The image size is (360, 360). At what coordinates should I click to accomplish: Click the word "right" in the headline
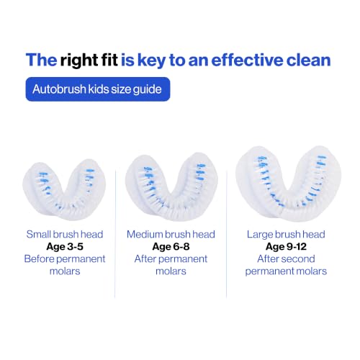[x=79, y=60]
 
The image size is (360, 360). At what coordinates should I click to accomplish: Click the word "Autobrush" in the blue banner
[x=59, y=89]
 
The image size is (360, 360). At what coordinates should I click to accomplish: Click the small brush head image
[x=64, y=189]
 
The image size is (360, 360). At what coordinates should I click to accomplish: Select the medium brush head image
[x=171, y=186]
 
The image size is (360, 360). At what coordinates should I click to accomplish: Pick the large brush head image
[x=288, y=184]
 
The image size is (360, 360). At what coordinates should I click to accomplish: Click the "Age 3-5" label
[x=65, y=246]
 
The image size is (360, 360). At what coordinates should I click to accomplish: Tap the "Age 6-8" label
[x=171, y=246]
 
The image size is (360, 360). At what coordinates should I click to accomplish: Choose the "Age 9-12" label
[x=286, y=246]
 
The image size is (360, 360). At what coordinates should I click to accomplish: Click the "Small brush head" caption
[x=65, y=234]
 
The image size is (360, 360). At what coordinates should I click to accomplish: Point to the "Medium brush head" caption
[x=171, y=234]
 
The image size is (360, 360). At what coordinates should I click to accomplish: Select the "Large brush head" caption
[x=286, y=234]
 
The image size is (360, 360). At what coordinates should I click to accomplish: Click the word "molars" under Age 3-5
[x=65, y=271]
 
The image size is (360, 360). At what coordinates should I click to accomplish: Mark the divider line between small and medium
[x=115, y=234]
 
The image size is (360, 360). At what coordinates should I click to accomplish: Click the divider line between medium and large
[x=227, y=234]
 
